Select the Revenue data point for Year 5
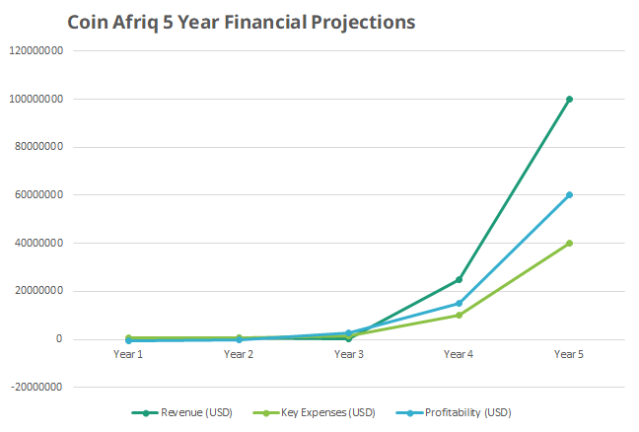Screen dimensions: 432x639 point(569,99)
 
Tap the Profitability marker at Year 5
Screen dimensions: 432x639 point(569,194)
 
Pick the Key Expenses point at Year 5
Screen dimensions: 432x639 point(569,243)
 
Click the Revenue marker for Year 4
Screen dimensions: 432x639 point(459,279)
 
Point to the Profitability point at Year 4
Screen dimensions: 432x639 point(459,303)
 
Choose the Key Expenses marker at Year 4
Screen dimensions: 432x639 point(459,316)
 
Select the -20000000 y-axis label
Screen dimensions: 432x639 point(35,388)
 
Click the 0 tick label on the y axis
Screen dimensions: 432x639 point(60,339)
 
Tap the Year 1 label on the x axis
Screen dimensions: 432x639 point(127,353)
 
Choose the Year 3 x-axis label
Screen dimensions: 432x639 point(348,353)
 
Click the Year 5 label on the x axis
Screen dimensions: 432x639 point(569,353)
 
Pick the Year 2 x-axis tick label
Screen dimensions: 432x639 point(238,353)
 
